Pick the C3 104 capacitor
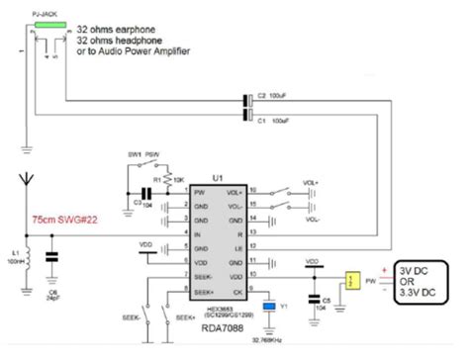(145, 193)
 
